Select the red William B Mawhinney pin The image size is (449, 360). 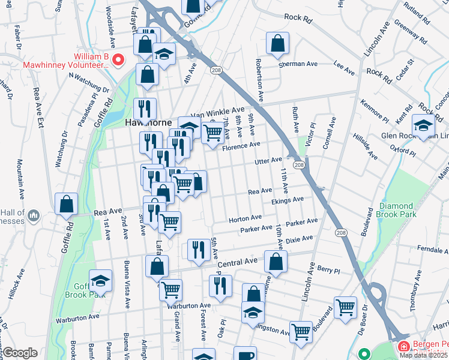pos(118,59)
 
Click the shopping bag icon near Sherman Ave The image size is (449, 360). pos(277,43)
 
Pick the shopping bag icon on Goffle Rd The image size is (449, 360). pos(66,203)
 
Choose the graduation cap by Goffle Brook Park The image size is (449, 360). pos(100,281)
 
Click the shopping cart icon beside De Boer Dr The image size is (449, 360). pos(345,307)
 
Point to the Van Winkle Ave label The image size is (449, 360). pos(217,113)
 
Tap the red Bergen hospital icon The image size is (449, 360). pos(402,346)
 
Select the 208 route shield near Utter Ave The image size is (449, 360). pos(298,164)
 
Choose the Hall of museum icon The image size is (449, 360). pos(34,214)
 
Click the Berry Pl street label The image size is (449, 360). pos(328,270)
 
